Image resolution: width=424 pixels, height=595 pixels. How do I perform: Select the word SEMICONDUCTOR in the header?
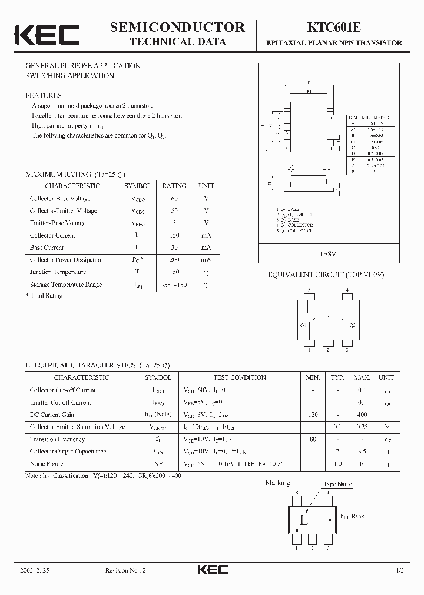tap(177, 27)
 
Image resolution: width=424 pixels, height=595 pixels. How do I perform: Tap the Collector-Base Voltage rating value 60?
tap(174, 199)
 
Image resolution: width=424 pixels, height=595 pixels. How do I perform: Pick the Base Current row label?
tap(47, 248)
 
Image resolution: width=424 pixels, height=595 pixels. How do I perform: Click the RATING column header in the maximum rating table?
tap(174, 186)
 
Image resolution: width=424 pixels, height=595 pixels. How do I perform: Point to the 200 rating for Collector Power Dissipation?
tap(174, 260)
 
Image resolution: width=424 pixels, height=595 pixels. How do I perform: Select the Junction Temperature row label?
tap(58, 272)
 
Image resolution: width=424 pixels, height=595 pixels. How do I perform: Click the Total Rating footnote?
tap(44, 296)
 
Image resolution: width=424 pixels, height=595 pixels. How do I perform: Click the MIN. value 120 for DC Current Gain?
tap(313, 415)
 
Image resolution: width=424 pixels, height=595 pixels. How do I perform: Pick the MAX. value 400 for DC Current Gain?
tap(362, 415)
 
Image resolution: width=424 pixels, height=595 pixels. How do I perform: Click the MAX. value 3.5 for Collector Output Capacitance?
tap(362, 452)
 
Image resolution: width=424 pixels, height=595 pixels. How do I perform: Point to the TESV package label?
tap(327, 253)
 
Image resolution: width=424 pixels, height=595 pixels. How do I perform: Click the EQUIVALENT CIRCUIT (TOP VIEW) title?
tap(326, 275)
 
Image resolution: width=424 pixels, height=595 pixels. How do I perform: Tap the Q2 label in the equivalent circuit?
tap(352, 325)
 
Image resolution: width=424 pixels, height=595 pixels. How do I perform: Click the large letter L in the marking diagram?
tap(304, 520)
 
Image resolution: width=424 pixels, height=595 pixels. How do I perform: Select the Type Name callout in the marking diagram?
tap(337, 484)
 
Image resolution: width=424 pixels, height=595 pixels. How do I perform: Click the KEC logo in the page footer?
tap(212, 570)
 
